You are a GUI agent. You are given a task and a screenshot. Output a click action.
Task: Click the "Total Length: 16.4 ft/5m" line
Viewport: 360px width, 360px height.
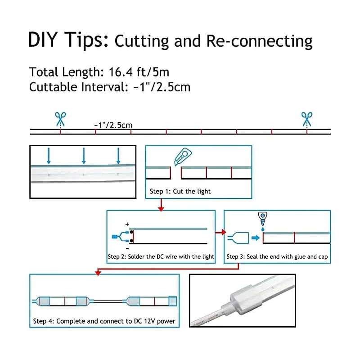tap(99, 72)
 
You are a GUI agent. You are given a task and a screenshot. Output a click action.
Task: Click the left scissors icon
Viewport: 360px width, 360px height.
tap(60, 119)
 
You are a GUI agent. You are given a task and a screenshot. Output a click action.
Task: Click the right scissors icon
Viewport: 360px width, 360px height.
tap(307, 119)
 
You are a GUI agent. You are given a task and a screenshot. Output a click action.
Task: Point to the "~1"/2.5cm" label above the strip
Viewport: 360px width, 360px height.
tap(113, 125)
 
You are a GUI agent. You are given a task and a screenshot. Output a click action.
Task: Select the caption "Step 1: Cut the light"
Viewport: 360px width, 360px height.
tap(180, 191)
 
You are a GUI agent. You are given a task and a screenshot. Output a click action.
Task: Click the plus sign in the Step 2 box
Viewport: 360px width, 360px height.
tap(127, 224)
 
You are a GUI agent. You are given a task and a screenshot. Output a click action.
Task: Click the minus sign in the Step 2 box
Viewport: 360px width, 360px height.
tap(127, 248)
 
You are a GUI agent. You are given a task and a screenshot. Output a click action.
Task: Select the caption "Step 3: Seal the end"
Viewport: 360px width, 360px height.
tap(277, 257)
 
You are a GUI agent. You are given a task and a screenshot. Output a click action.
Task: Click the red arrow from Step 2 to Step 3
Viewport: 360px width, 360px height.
tap(220, 233)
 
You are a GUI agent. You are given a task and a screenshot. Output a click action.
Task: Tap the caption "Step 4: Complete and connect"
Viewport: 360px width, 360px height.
tap(104, 321)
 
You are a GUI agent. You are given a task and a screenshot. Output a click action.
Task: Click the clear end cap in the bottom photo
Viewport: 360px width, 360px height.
tap(245, 300)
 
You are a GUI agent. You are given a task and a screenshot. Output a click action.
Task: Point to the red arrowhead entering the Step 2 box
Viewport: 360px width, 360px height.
tap(161, 208)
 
